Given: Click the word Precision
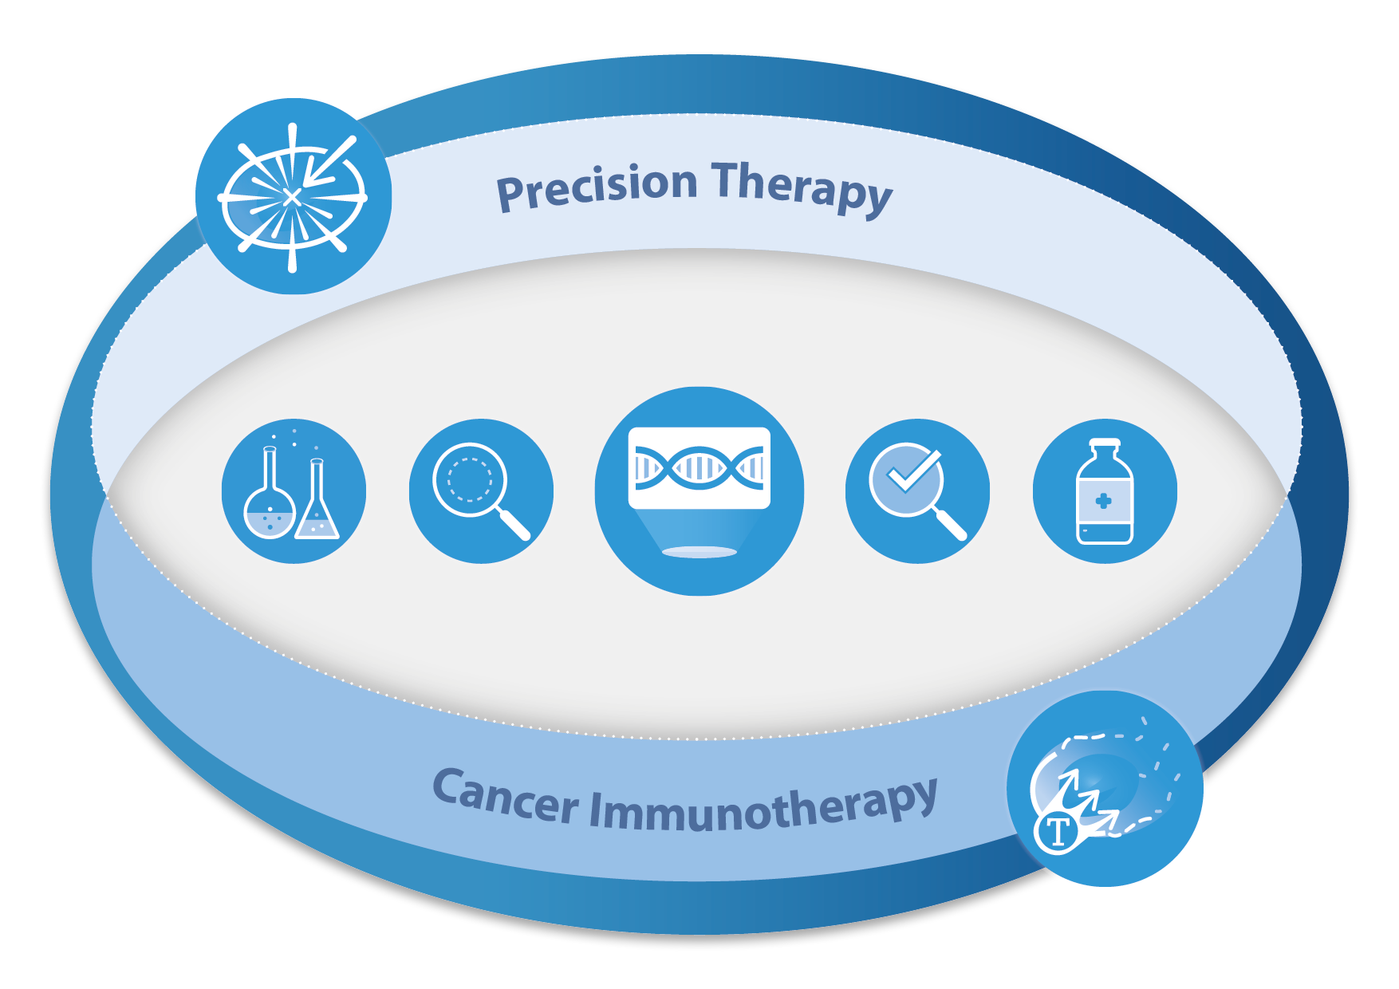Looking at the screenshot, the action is click(597, 187).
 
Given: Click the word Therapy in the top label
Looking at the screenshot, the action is click(802, 187).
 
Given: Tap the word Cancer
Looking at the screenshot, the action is click(505, 795).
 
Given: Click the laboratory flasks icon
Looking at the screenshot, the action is click(294, 491).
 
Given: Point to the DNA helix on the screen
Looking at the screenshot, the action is click(699, 467).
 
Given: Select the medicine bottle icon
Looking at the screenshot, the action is click(1105, 491).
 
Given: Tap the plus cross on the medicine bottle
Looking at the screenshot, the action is click(1104, 501).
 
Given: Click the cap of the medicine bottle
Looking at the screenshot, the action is click(1105, 445).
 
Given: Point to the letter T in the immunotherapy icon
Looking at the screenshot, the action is click(1058, 832).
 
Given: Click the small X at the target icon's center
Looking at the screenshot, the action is click(292, 196).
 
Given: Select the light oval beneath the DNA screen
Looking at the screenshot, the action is click(699, 551).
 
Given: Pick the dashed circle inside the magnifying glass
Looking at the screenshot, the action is click(470, 479).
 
